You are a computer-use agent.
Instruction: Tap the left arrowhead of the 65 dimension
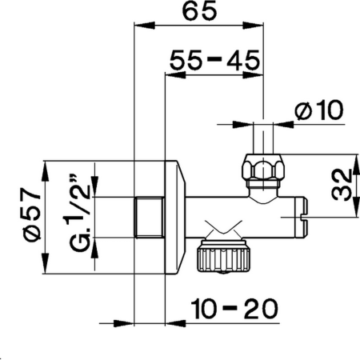137,27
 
